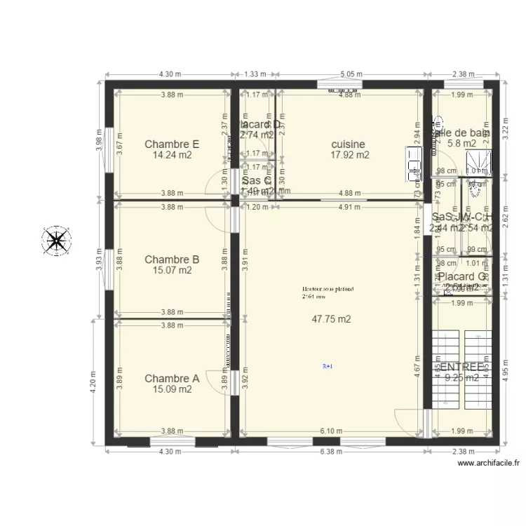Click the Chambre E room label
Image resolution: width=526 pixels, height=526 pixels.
click(x=172, y=144)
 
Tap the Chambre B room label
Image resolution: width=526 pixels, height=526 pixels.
click(x=172, y=259)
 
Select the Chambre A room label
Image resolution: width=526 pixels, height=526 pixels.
click(x=172, y=379)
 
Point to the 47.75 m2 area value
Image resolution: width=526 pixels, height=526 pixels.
click(x=331, y=318)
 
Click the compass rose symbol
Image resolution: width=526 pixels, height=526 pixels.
click(x=56, y=241)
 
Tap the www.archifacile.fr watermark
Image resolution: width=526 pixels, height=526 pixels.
click(x=489, y=464)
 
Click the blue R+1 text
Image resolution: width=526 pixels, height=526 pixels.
click(x=328, y=366)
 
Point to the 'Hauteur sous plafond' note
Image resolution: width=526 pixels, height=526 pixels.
click(x=328, y=289)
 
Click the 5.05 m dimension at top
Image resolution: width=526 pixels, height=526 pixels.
click(x=351, y=73)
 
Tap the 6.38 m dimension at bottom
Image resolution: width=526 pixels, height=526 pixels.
click(x=332, y=452)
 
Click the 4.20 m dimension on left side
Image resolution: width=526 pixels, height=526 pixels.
click(x=93, y=382)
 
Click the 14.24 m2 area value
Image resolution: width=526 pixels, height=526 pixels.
click(x=172, y=156)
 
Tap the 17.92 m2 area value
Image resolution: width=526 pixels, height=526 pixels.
click(x=350, y=156)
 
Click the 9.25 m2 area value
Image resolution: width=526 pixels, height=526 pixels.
click(x=462, y=378)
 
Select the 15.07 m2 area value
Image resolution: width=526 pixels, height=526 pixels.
click(x=172, y=271)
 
